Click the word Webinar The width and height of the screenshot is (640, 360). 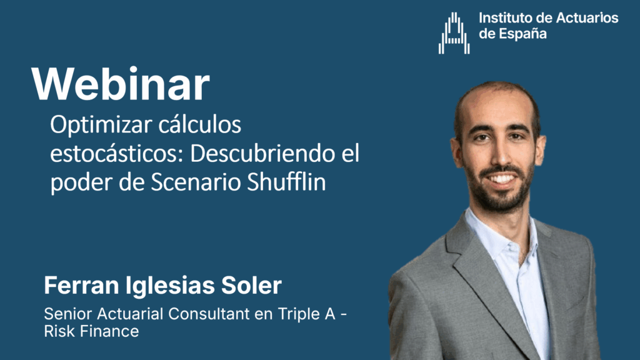click(x=121, y=84)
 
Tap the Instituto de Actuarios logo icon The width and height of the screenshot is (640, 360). click(x=454, y=33)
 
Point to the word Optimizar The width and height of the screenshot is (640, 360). click(x=101, y=125)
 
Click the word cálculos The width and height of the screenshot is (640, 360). click(x=200, y=124)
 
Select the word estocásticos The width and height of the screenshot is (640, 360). click(x=117, y=154)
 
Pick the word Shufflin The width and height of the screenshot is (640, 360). click(x=286, y=182)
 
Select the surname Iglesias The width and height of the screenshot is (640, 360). click(x=170, y=286)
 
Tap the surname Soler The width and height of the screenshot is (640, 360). click(x=251, y=285)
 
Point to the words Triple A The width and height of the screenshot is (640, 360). click(x=306, y=314)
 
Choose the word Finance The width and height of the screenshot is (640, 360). click(x=109, y=331)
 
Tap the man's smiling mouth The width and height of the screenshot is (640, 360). click(x=502, y=178)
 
